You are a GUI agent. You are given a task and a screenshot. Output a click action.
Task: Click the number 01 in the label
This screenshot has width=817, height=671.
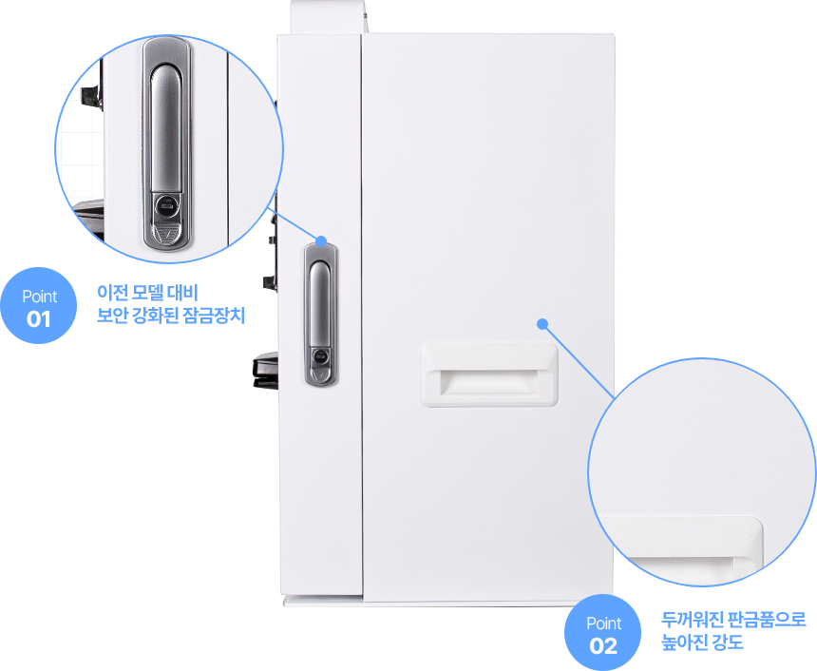tap(38, 319)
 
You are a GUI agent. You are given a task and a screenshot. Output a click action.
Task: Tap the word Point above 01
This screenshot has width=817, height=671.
tap(39, 297)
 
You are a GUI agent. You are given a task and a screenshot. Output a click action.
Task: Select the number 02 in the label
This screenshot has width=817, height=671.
tap(603, 646)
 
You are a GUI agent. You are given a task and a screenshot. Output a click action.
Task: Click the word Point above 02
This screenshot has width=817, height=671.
tap(603, 623)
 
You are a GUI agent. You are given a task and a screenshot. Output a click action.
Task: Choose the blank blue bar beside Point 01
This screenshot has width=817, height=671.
tap(170, 304)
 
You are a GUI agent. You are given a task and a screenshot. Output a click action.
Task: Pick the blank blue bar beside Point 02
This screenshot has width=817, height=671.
tap(733, 631)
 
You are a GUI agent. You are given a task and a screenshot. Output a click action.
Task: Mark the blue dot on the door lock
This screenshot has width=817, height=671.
tap(321, 241)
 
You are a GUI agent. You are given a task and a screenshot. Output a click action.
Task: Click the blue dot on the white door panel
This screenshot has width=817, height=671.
tap(542, 323)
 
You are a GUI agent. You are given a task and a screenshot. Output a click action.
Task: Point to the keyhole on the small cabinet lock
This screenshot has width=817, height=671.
tap(320, 358)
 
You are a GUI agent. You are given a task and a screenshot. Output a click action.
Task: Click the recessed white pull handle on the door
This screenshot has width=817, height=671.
tap(488, 374)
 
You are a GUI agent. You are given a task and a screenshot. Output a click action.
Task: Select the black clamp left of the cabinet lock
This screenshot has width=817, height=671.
tap(263, 372)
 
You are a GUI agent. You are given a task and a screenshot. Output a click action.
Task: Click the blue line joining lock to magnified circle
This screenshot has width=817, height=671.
tap(296, 224)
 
